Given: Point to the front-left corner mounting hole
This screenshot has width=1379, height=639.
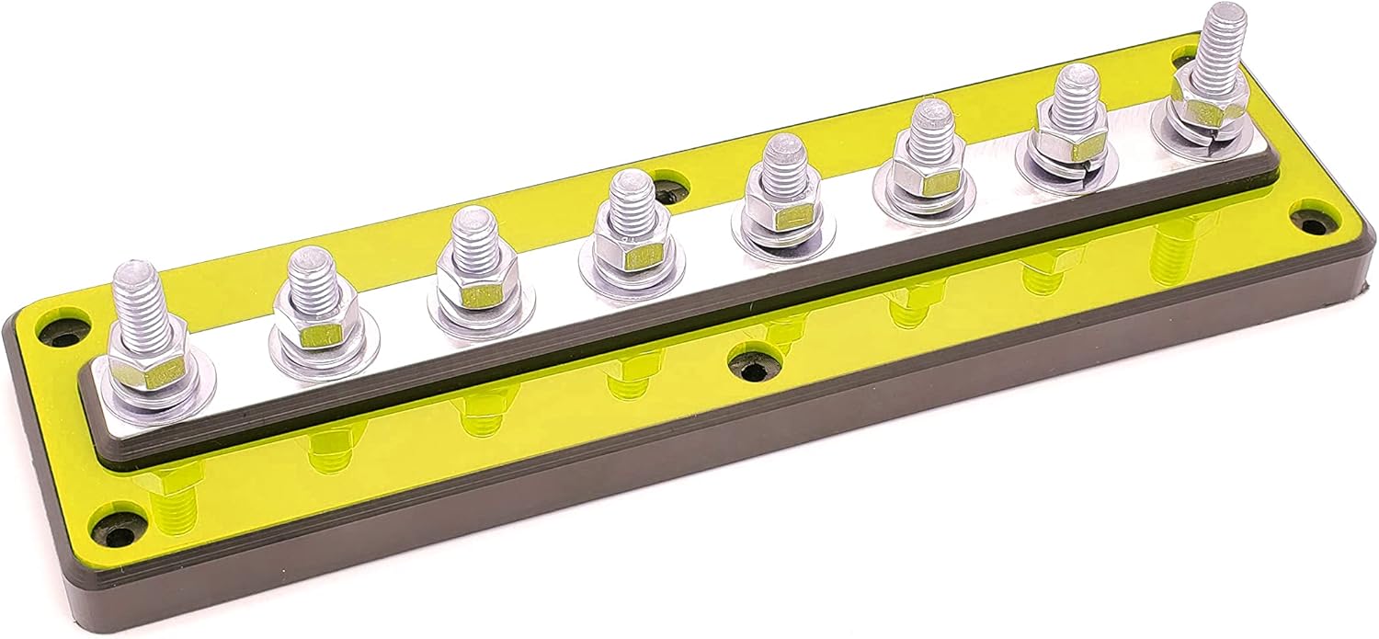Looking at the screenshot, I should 120,532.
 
